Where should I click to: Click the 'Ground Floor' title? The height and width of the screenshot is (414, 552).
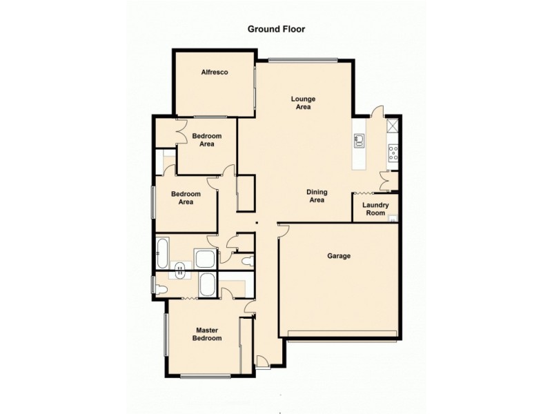coord(276,30)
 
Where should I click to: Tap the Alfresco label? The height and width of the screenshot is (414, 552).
coord(215,72)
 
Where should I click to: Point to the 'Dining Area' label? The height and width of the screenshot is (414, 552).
coord(317,196)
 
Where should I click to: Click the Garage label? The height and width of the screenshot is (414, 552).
coord(339,256)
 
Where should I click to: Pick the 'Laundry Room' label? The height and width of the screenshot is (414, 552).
coord(375,209)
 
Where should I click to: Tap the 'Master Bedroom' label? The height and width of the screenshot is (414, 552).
coord(207,334)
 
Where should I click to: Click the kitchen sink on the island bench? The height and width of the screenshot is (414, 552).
coord(359,141)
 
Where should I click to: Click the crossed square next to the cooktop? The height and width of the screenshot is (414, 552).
coord(393,126)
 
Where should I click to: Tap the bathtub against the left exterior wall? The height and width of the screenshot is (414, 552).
coord(162,254)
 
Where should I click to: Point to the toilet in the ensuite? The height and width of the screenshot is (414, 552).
coord(160,288)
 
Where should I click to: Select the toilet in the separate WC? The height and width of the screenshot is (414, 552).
coord(248,260)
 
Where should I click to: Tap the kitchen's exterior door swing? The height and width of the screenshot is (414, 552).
coord(376,112)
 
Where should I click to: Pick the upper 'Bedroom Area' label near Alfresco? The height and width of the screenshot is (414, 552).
coord(206,140)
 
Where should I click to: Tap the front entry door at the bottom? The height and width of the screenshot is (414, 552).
coord(262,360)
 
